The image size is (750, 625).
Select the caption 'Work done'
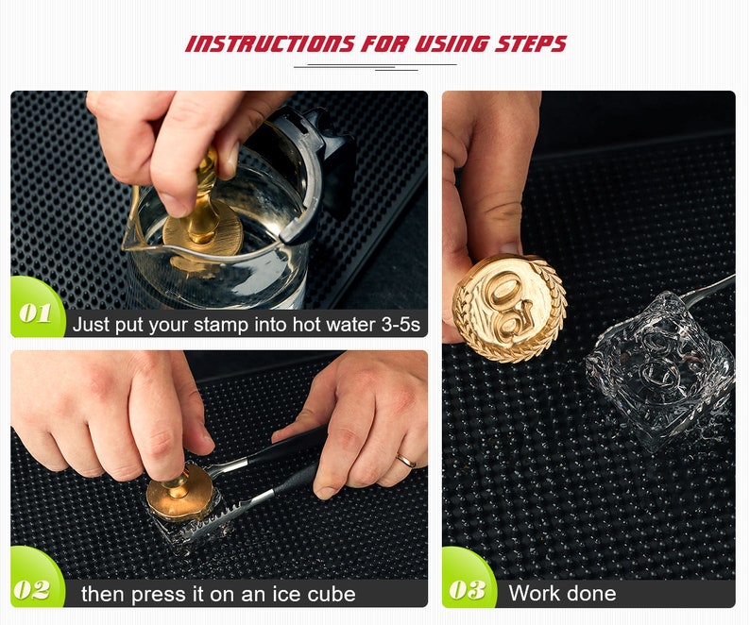(562, 594)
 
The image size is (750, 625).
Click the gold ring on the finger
(405, 462)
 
